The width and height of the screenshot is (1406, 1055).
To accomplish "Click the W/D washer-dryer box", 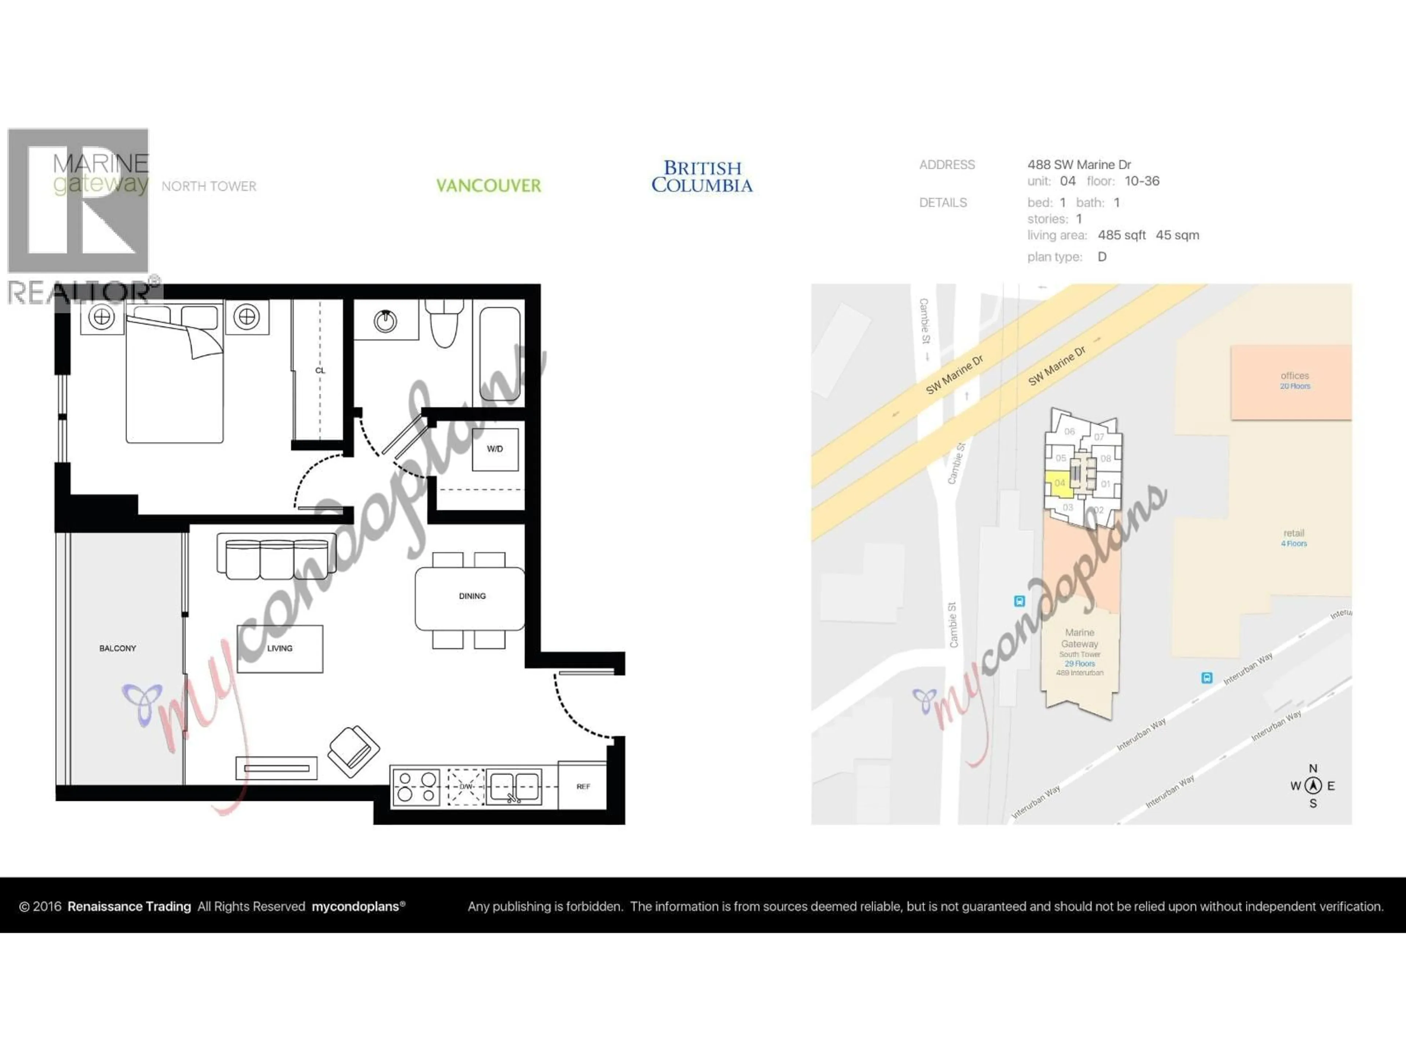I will click(495, 449).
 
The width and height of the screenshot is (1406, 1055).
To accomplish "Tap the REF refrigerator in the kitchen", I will click(583, 786).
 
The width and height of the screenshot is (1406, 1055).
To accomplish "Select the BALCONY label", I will click(118, 648).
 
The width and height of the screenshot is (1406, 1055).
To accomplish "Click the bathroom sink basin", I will click(385, 321).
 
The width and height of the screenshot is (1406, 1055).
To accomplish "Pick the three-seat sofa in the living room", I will click(276, 556).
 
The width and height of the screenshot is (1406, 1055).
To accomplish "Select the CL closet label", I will click(320, 370).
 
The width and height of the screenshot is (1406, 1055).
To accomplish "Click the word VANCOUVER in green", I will click(488, 186).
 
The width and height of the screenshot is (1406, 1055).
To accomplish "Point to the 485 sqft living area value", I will click(1121, 235).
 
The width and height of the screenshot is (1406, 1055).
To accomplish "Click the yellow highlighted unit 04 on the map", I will click(1058, 483).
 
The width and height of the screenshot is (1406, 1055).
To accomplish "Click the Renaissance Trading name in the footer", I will click(129, 906).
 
